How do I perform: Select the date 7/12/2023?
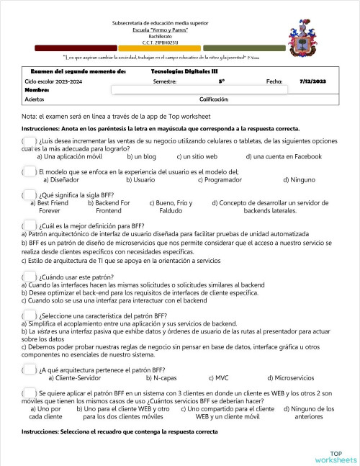pyautogui.click(x=312, y=81)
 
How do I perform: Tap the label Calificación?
pyautogui.click(x=213, y=99)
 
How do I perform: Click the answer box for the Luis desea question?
pyautogui.click(x=30, y=140)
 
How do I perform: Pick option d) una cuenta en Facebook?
pyautogui.click(x=283, y=156)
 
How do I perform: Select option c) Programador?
pyautogui.click(x=217, y=180)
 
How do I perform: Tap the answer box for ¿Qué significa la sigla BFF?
pyautogui.click(x=30, y=195)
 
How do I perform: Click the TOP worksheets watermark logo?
pyautogui.click(x=334, y=456)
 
